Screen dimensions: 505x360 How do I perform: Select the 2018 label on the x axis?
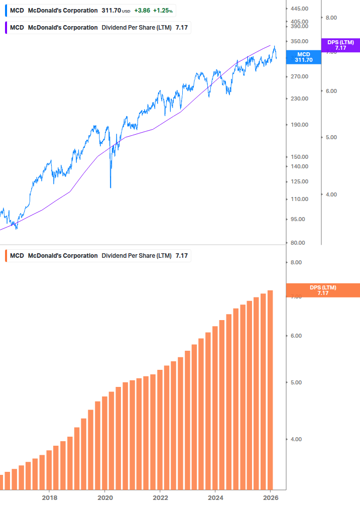coord(49,497)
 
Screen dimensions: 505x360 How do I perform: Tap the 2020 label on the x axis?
coord(104,497)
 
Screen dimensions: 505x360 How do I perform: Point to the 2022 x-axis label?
coord(160,497)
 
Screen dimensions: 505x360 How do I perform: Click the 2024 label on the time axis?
coord(215,497)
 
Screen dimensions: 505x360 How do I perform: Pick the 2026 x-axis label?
coord(270,497)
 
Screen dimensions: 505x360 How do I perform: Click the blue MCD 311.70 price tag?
coord(303,57)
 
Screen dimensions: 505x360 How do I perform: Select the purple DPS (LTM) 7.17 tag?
coord(340,45)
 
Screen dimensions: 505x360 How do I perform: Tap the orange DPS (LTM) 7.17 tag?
coord(322,290)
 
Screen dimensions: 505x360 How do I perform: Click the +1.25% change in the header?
coord(163,11)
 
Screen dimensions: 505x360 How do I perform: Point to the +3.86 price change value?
coord(143,11)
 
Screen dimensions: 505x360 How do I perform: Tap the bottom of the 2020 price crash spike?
coord(110,187)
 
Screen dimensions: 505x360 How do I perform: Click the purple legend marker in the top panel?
coord(6,27)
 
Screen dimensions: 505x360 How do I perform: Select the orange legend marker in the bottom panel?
coord(6,256)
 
